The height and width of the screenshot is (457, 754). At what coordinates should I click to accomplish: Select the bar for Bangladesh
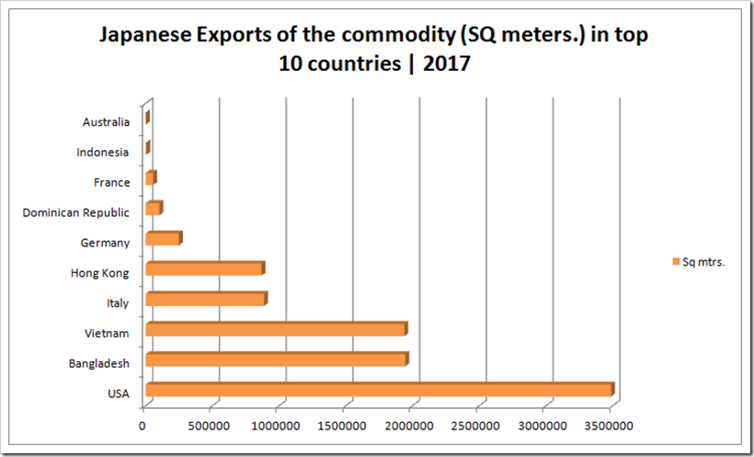[276, 360]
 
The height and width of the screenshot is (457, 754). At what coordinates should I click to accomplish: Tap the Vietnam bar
[276, 330]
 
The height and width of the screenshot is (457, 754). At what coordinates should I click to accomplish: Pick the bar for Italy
[206, 300]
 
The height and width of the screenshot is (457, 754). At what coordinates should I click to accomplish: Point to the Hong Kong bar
[204, 269]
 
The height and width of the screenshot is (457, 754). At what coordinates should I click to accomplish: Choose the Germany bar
[163, 239]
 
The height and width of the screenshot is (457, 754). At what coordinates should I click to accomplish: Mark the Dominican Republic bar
[154, 209]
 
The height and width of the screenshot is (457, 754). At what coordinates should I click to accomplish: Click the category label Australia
[106, 122]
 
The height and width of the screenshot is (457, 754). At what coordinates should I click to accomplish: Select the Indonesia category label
[104, 153]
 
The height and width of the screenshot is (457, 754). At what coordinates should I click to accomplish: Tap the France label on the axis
[111, 183]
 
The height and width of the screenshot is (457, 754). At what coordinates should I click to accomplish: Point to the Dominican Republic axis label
[75, 213]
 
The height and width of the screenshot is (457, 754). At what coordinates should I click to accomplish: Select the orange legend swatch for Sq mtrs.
[676, 262]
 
